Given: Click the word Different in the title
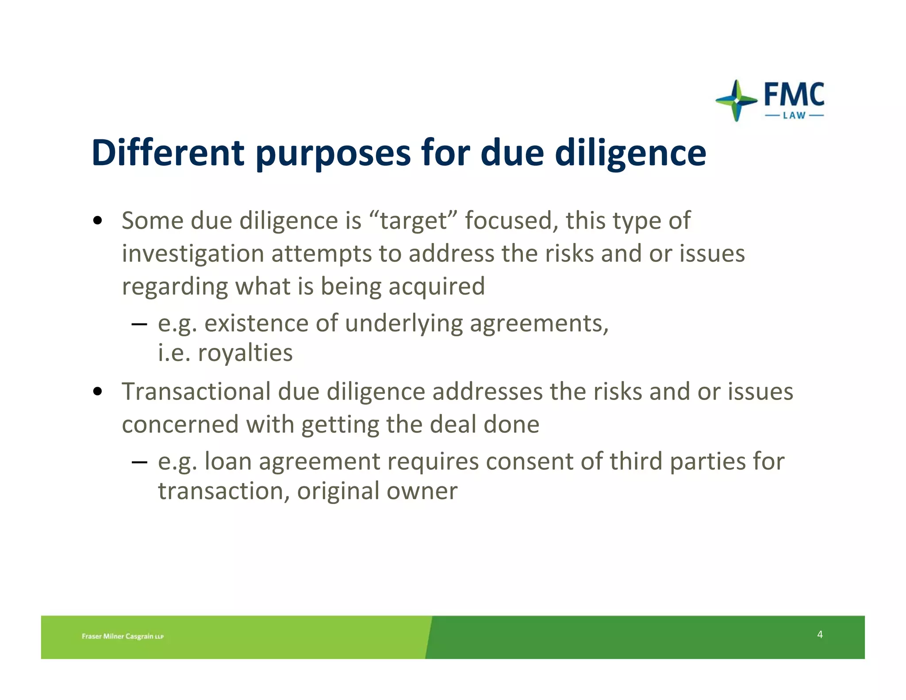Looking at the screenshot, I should point(168,153).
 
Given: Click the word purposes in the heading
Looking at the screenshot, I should point(333,154).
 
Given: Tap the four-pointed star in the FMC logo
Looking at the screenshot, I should point(736,100).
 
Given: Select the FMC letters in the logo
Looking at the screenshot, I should point(794,95).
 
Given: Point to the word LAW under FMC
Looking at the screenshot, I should point(794,116).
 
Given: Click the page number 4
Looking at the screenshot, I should point(820,635).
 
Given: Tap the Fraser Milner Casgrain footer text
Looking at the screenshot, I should point(123,636).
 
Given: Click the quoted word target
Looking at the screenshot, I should point(414,221).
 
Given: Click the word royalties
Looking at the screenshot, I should point(245,353).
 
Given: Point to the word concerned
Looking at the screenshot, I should point(180,425).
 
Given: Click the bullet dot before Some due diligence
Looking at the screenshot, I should point(98,220).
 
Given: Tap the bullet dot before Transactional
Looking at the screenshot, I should point(98,392).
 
